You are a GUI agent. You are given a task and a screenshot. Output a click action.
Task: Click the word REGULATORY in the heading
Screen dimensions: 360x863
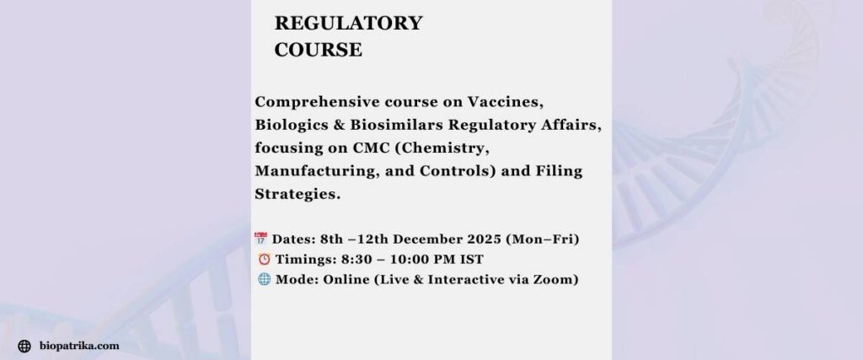[348, 24]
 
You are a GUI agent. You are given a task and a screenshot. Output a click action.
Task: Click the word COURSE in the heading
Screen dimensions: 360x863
[319, 50]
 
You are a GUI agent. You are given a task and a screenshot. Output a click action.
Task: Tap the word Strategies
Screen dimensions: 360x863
[294, 195]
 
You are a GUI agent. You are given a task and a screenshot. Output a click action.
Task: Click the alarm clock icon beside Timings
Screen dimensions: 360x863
[261, 259]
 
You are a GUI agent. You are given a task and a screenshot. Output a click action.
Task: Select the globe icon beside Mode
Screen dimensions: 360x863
[262, 280]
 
